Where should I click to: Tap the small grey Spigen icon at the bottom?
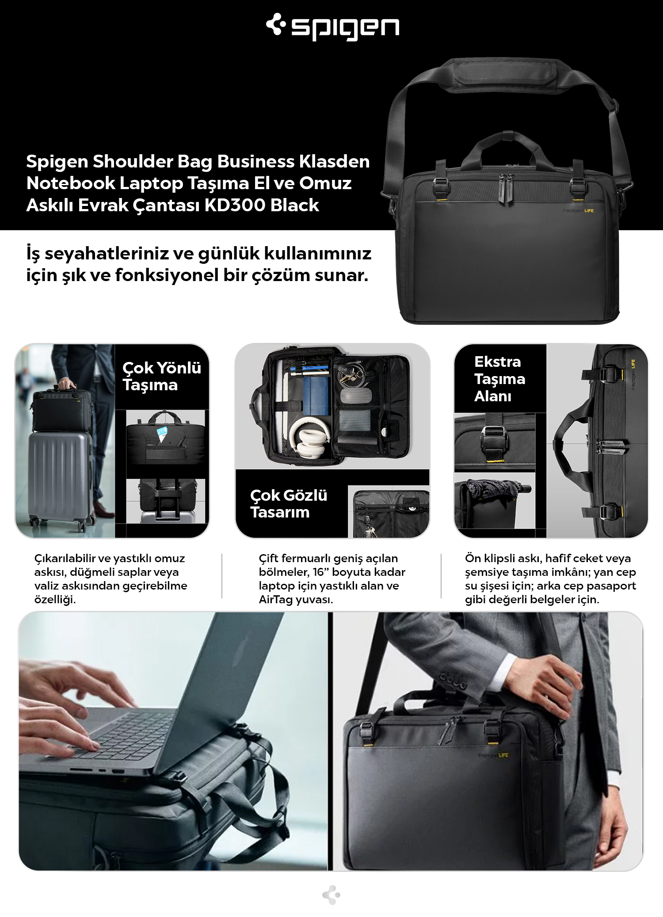331,895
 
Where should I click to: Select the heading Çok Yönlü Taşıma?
161,376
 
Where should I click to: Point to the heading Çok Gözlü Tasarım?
289,503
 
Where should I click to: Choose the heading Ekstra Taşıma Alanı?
499,379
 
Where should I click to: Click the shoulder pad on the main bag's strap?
504,75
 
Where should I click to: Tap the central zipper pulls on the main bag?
507,189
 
